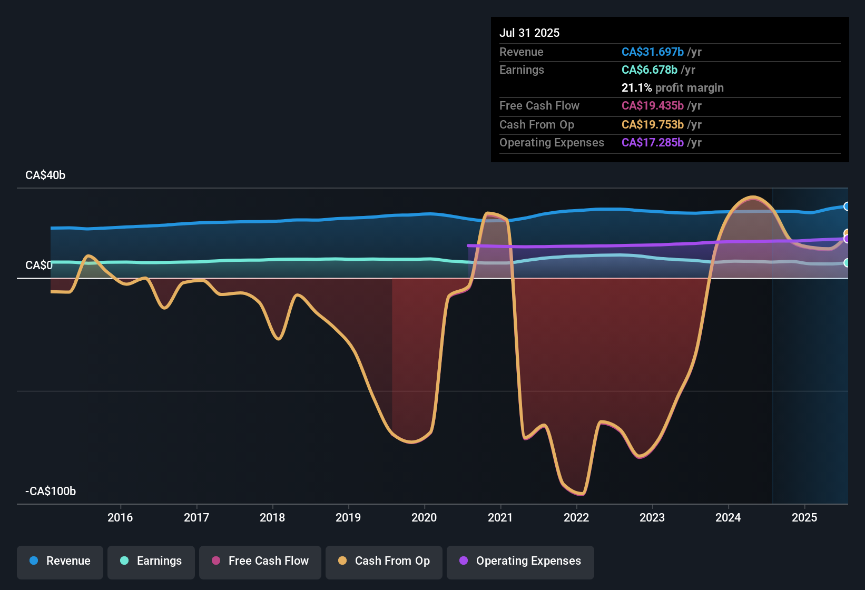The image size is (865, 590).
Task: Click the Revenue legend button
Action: click(x=60, y=561)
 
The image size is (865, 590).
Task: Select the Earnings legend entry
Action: click(x=151, y=561)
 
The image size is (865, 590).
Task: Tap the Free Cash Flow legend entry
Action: click(x=260, y=561)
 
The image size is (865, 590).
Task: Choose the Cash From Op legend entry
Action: click(x=384, y=561)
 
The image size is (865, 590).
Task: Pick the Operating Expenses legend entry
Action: click(x=520, y=561)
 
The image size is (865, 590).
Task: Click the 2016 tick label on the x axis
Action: click(x=120, y=517)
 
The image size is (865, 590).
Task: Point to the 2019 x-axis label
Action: click(x=348, y=517)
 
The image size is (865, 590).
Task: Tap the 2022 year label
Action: click(x=576, y=517)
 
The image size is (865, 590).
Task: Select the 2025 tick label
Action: click(x=804, y=517)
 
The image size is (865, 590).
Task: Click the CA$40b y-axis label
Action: click(x=45, y=175)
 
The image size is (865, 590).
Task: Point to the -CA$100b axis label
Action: click(x=51, y=491)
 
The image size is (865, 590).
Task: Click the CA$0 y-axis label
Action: click(x=39, y=265)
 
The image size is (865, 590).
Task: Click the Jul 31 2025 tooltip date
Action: click(x=529, y=33)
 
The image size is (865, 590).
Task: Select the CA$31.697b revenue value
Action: click(x=652, y=52)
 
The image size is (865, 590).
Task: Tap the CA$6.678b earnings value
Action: click(x=649, y=70)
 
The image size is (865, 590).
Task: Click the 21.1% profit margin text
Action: click(x=672, y=87)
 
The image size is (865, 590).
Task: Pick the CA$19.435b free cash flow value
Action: click(x=652, y=105)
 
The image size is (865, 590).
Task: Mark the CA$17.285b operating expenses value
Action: click(x=652, y=142)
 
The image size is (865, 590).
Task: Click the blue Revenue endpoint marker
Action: click(x=847, y=206)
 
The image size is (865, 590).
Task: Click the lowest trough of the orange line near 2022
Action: click(x=581, y=494)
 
